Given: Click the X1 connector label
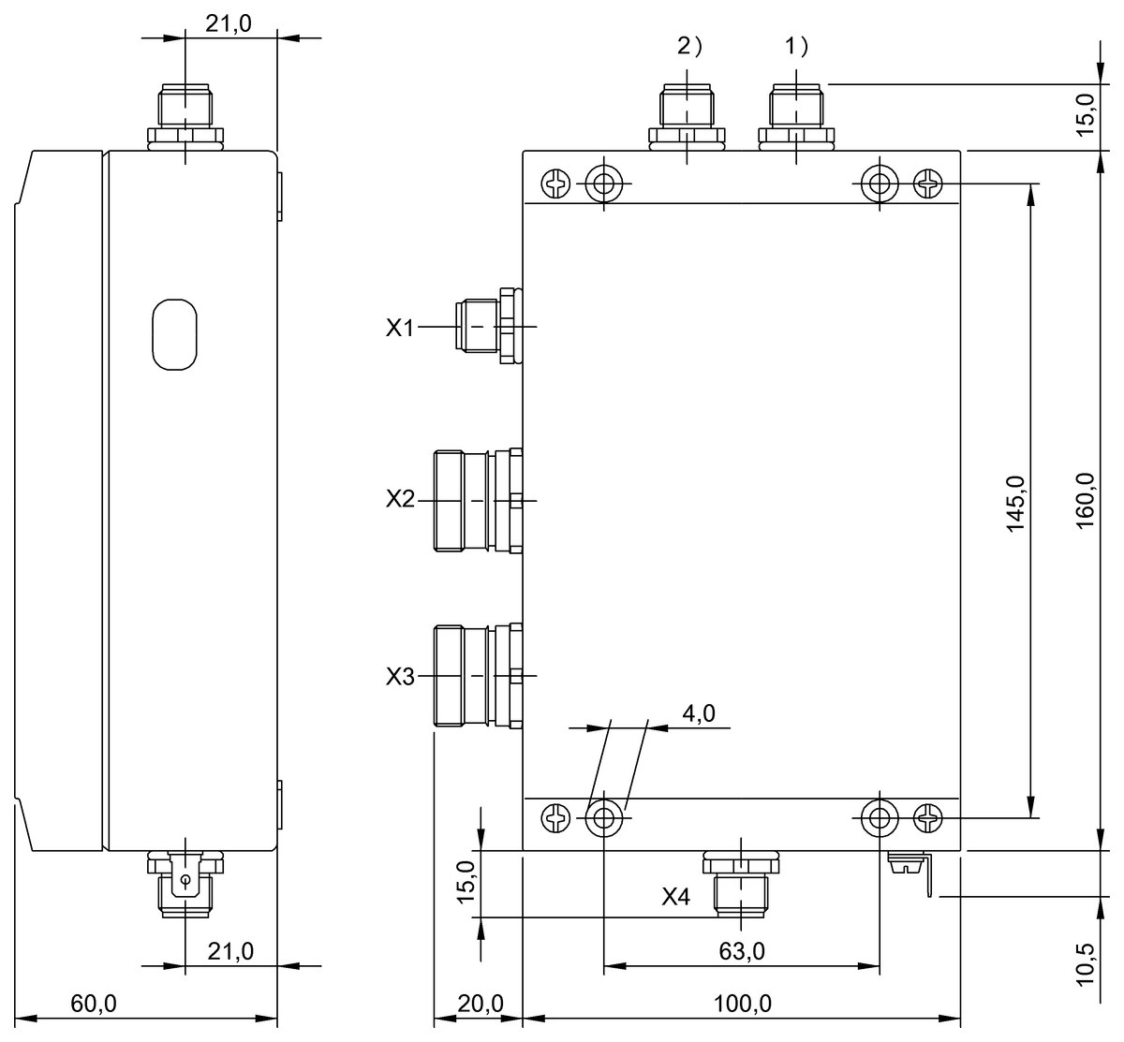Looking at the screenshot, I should pos(400,328).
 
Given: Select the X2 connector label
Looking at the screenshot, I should pos(400,499).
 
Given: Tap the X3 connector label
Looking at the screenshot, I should pos(400,676).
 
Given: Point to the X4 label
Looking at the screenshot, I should pos(676,897).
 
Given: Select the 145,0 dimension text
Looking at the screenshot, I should pos(1016,504).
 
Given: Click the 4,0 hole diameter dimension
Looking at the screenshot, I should pos(699,713).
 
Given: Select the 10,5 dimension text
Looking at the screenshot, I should pos(1086,961).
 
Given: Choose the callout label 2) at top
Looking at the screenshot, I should pos(688,46).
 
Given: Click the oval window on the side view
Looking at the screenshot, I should pos(175,333).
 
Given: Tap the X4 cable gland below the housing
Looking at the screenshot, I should pos(741,882).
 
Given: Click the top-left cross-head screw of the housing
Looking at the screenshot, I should pos(556,183).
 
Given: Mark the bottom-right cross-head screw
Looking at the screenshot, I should pos(928,819).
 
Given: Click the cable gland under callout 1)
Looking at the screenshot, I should pos(796,116).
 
